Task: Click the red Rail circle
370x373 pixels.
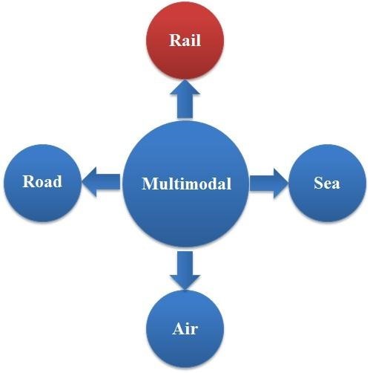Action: pyautogui.click(x=185, y=41)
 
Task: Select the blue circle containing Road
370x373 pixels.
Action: pyautogui.click(x=42, y=183)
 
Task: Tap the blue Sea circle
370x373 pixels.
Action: pyautogui.click(x=327, y=183)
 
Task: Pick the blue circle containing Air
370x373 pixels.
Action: pyautogui.click(x=185, y=329)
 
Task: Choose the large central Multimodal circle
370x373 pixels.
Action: pyautogui.click(x=186, y=184)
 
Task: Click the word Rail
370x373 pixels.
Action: pyautogui.click(x=185, y=40)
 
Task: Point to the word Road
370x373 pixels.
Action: pyautogui.click(x=42, y=181)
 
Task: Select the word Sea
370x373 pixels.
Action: pyautogui.click(x=327, y=183)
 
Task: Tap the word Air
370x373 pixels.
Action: pyautogui.click(x=185, y=328)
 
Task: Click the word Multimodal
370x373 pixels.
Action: pyautogui.click(x=187, y=184)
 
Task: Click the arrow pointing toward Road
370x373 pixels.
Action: pyautogui.click(x=102, y=182)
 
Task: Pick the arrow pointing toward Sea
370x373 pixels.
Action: pyautogui.click(x=269, y=184)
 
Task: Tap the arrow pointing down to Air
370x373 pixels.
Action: pyautogui.click(x=185, y=270)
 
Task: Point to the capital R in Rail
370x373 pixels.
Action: pyautogui.click(x=175, y=40)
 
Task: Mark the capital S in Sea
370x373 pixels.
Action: pyautogui.click(x=318, y=183)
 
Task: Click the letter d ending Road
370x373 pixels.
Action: pyautogui.click(x=58, y=181)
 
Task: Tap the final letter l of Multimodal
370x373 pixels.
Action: pyautogui.click(x=229, y=184)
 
